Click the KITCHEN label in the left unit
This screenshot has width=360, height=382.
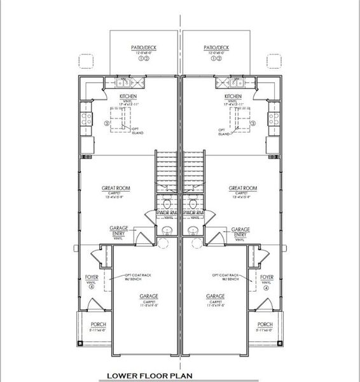pyautogui.click(x=128, y=97)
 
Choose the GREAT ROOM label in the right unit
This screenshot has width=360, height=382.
pyautogui.click(x=242, y=188)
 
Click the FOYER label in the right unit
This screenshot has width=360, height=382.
pyautogui.click(x=267, y=278)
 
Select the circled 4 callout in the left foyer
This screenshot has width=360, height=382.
pyautogui.click(x=92, y=288)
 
